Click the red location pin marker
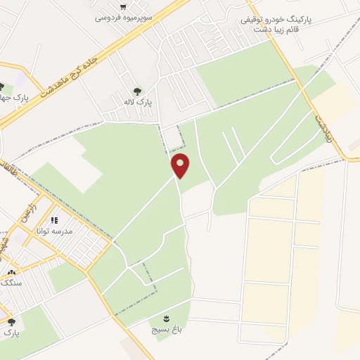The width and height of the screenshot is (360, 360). [x=181, y=165]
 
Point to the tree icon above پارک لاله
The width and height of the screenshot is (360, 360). [x=136, y=91]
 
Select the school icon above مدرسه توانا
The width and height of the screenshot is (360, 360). [x=54, y=221]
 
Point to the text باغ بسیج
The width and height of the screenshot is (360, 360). [x=163, y=328]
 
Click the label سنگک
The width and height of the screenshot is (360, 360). [x=12, y=283]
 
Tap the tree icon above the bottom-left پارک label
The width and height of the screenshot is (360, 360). [x=11, y=322]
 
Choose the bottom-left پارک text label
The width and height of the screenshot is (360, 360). [x=11, y=333]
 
